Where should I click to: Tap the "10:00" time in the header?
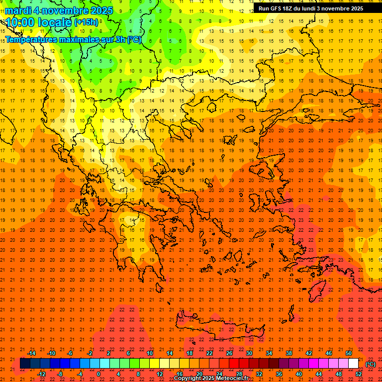(19, 22)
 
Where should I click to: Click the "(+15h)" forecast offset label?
(86, 22)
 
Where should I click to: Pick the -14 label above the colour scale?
(31, 353)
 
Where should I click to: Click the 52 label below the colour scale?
(359, 374)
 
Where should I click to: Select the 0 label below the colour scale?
(98, 374)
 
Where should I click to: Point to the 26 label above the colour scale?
(229, 353)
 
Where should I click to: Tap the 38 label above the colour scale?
(289, 353)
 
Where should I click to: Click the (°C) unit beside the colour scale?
(371, 364)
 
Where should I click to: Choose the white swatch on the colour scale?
(354, 364)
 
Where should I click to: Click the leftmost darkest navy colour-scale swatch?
(25, 364)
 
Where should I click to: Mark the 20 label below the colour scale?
(199, 374)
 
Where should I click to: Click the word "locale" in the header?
(54, 22)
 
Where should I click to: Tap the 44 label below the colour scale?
(319, 374)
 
